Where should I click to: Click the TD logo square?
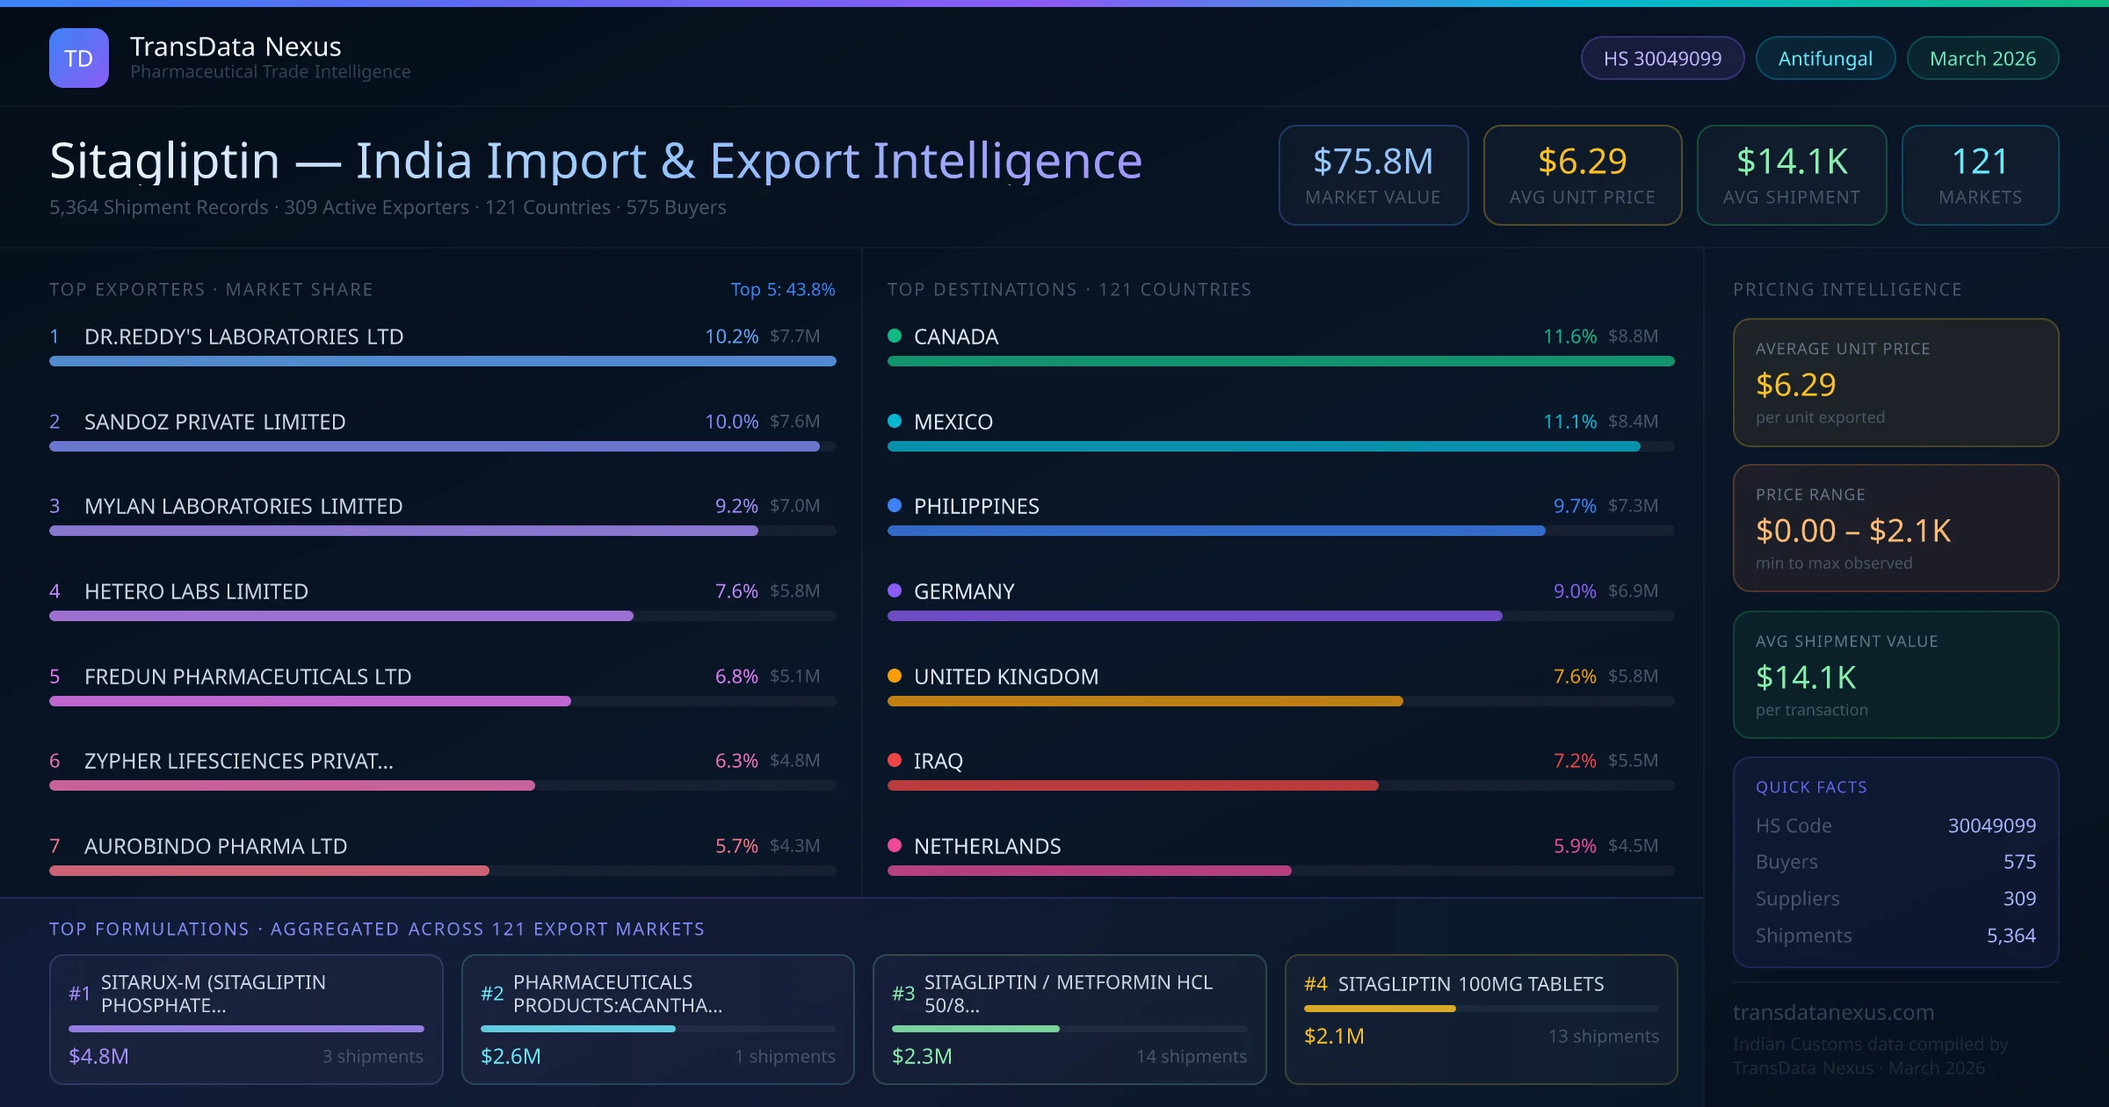coord(79,58)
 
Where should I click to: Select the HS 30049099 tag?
coord(1662,58)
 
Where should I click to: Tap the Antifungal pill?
coord(1825,58)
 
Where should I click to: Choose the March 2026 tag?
coord(1982,58)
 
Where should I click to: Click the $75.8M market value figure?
coord(1373,162)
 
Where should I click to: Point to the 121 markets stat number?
coord(1980,162)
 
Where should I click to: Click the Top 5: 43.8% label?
coord(782,289)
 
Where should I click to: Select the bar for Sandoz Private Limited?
coord(434,446)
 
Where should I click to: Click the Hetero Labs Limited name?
coord(196,591)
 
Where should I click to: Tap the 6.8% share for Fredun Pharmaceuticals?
coord(736,676)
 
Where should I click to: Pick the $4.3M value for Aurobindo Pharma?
coord(794,846)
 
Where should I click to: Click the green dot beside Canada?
coord(895,336)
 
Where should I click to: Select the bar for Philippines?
coord(1216,531)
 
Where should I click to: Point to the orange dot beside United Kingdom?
coord(895,676)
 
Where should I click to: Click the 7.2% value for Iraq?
coord(1575,761)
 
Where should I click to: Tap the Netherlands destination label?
coord(987,846)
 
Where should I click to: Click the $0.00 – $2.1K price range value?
coord(1852,531)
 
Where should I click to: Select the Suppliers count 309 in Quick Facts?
coord(2019,899)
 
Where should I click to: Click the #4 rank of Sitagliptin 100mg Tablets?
coord(1315,984)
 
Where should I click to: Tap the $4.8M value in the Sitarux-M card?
coord(98,1056)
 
